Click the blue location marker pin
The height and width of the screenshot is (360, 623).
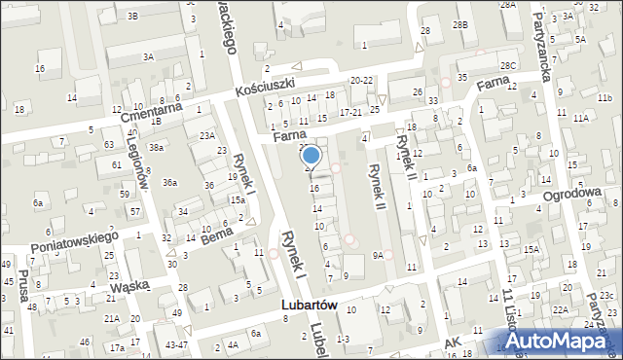pos(311,156)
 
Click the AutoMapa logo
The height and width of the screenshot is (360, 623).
pos(563,340)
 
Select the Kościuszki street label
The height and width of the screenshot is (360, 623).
pos(268,86)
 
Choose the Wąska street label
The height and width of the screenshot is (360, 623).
pos(110,285)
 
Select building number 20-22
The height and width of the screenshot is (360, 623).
pos(361,80)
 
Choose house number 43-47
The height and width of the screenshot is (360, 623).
pos(176,344)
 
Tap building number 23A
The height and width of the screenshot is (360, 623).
pos(206,136)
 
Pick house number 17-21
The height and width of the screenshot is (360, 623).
pos(350,112)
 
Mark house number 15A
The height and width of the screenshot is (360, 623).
pos(531,249)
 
